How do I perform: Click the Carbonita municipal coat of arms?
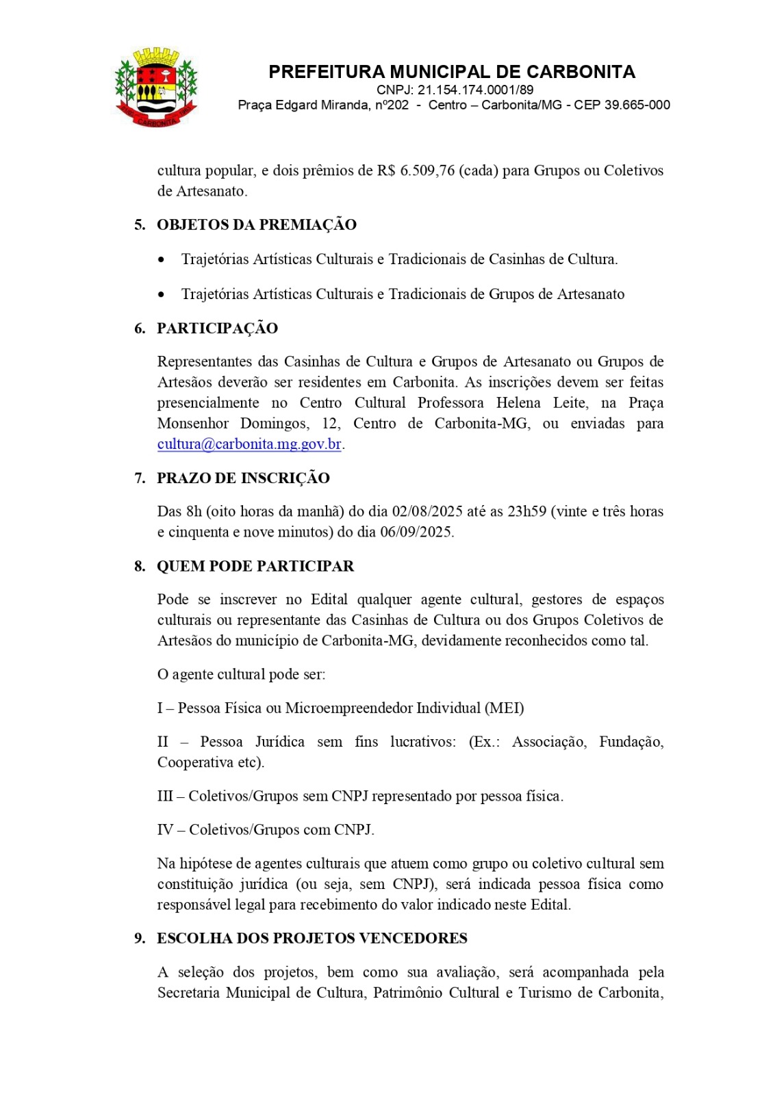(155, 87)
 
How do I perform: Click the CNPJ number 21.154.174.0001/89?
(455, 90)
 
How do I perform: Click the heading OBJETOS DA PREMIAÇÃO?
(257, 224)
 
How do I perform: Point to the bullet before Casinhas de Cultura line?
(161, 260)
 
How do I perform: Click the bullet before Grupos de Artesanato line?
(161, 295)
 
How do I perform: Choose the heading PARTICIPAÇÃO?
(217, 328)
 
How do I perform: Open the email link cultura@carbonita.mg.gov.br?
(249, 443)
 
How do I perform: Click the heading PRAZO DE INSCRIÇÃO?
(243, 478)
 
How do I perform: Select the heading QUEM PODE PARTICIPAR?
(255, 566)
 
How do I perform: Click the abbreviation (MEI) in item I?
(504, 708)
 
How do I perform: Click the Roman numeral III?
(165, 796)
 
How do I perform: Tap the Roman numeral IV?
(165, 829)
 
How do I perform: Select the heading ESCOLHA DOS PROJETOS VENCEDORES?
(312, 938)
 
